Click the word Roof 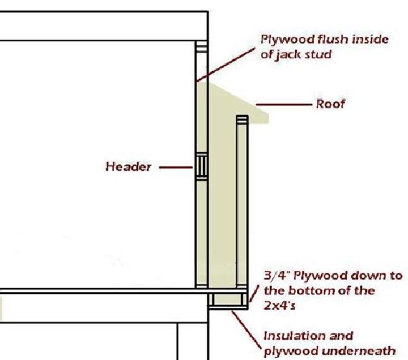click(x=330, y=104)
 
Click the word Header click(x=129, y=167)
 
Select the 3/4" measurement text click(x=278, y=277)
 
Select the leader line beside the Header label click(x=175, y=167)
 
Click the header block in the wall click(x=201, y=166)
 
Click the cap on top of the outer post click(x=242, y=118)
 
